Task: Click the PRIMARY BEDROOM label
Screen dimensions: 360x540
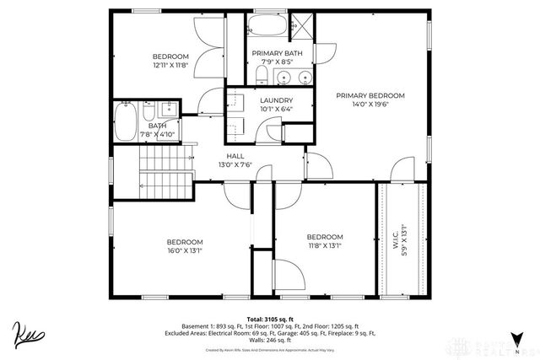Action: click(x=370, y=95)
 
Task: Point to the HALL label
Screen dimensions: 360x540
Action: click(x=235, y=155)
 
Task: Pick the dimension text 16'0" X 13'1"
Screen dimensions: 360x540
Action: click(x=185, y=250)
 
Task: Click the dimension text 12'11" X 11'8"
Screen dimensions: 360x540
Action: click(x=170, y=65)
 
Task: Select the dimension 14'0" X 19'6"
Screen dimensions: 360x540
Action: click(x=370, y=105)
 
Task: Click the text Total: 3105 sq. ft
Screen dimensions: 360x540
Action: click(x=269, y=319)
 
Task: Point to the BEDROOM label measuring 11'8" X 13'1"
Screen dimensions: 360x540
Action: click(x=324, y=236)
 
